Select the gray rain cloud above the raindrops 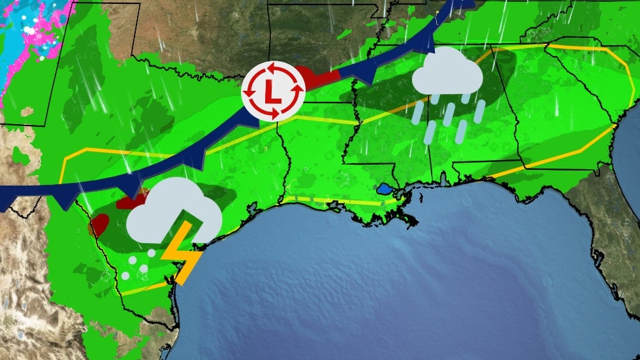(x=447, y=71)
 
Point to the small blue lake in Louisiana (x=385, y=190)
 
